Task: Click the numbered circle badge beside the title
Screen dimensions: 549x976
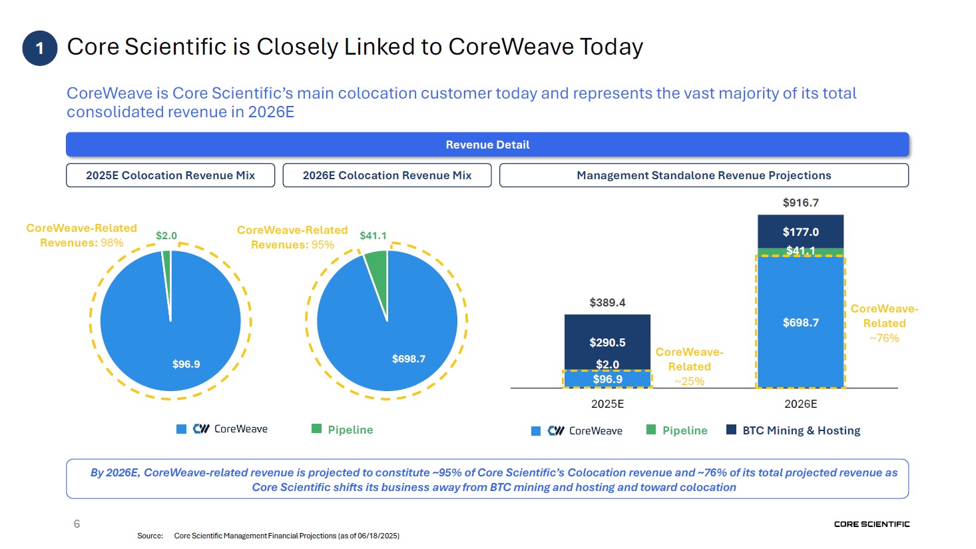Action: [39, 48]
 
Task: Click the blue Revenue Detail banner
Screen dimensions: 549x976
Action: [487, 145]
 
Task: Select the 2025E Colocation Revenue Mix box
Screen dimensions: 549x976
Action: [170, 175]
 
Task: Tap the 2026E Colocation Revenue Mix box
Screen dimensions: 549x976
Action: [387, 175]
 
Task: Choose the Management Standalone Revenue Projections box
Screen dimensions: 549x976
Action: [704, 175]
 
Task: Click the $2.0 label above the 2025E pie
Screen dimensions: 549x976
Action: [166, 236]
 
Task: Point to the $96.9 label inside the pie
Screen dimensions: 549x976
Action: [186, 364]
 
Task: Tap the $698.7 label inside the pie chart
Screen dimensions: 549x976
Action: [409, 358]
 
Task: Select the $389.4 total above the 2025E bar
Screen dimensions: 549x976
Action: [607, 302]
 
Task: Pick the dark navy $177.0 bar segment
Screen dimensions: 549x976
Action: [800, 231]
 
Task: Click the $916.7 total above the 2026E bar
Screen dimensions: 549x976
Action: [800, 203]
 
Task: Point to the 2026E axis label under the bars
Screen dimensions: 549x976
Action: [800, 404]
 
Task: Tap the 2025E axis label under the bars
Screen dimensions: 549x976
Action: [607, 404]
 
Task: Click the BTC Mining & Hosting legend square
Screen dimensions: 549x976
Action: [731, 430]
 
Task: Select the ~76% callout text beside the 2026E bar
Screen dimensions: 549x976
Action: [884, 338]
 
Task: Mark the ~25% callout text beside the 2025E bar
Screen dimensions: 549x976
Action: [689, 381]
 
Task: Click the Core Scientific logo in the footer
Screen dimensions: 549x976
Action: [871, 524]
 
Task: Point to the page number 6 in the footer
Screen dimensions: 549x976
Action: [77, 524]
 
